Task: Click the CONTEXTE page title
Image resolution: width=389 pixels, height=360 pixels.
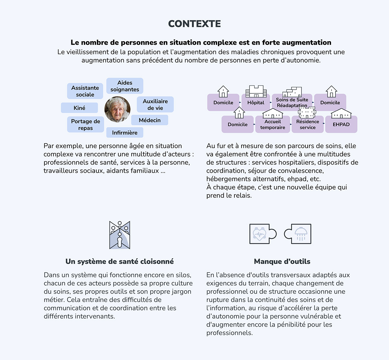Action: point(194,24)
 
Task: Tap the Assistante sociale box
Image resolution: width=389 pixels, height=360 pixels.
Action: point(85,91)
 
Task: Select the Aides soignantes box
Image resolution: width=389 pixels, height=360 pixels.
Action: point(125,86)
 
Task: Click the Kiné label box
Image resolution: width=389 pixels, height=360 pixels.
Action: point(79,108)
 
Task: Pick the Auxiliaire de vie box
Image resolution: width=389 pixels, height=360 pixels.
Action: point(155,104)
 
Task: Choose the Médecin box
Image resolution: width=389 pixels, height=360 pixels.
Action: point(150,120)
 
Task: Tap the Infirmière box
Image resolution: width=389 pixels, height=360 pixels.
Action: point(125,133)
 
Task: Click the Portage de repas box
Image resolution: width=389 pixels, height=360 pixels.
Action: point(85,124)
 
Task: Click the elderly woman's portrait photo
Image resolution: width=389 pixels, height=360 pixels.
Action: point(117,109)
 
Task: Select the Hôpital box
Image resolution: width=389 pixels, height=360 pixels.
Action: point(256,102)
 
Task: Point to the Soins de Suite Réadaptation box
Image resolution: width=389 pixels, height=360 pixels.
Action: point(292,102)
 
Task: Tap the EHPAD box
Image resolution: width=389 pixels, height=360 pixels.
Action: point(341,124)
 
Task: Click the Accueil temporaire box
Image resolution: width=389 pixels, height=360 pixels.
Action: point(273,124)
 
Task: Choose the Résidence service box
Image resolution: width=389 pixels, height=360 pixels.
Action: point(308,124)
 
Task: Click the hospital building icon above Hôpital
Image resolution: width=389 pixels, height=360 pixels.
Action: point(256,91)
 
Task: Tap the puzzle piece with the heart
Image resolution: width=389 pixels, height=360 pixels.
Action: point(263,234)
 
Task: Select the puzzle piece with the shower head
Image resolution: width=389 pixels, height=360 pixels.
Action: point(298,234)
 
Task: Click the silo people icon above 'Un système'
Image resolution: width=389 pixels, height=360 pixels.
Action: point(120,235)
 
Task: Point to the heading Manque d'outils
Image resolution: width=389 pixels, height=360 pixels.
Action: point(282,261)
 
